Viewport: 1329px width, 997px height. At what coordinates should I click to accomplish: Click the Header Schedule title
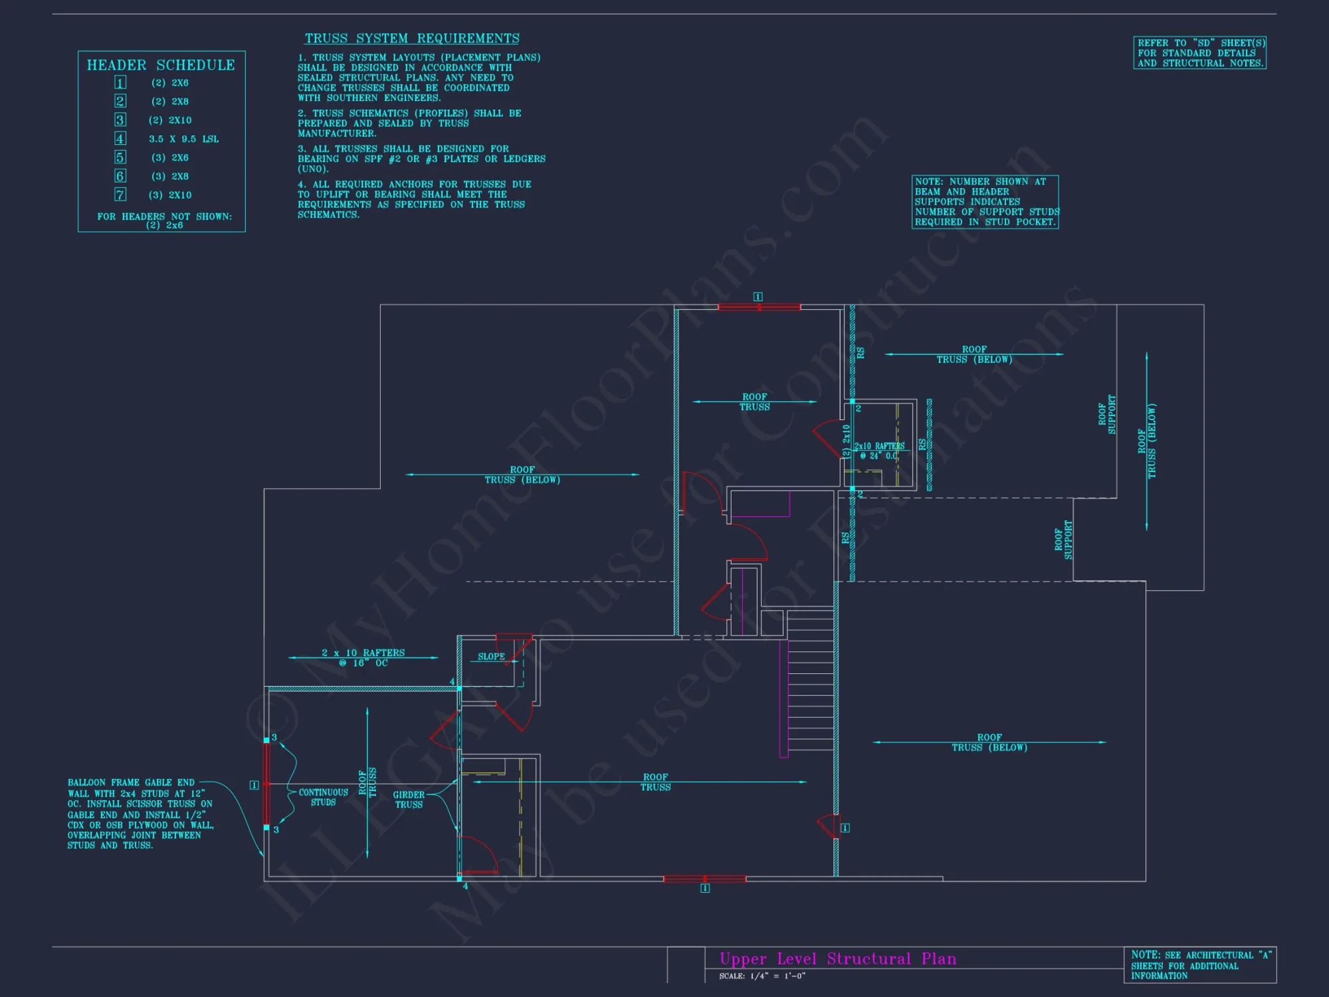click(161, 65)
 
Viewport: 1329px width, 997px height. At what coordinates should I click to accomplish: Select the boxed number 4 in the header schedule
click(120, 138)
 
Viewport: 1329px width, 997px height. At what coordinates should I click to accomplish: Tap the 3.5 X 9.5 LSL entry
click(183, 139)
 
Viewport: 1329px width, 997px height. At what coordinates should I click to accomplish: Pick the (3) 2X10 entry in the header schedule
click(170, 195)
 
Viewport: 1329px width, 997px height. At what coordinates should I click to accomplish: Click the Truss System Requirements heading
click(412, 39)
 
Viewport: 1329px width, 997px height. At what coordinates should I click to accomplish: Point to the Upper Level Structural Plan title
click(838, 958)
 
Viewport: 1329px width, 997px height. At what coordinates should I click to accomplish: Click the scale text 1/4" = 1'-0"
click(762, 976)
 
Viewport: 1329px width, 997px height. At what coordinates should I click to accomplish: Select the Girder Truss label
click(409, 800)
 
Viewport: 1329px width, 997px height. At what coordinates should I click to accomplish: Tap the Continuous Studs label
click(323, 797)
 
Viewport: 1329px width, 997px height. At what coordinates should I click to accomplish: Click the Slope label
click(491, 657)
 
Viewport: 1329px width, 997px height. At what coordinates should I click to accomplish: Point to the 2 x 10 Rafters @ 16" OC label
click(363, 658)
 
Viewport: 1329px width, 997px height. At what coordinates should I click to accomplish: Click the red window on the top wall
click(759, 307)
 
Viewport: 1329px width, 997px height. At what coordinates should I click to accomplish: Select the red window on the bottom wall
click(704, 879)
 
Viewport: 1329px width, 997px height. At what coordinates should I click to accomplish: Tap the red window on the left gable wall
click(266, 784)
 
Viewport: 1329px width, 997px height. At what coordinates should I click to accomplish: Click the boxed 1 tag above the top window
click(758, 296)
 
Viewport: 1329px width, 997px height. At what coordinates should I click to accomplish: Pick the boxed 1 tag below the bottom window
click(705, 888)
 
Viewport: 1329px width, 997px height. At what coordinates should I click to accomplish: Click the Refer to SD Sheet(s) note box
click(1199, 53)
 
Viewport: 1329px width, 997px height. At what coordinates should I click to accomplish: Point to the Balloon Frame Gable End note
click(140, 814)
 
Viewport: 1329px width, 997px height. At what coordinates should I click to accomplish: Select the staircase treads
click(811, 685)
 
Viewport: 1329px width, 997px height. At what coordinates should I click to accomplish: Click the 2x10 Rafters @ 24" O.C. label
click(879, 451)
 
